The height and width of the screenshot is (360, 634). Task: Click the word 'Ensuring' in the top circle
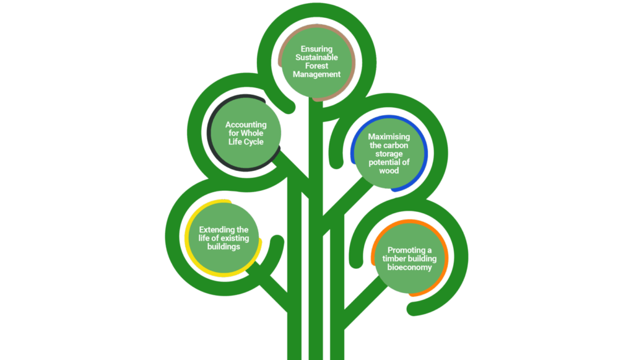[317, 48]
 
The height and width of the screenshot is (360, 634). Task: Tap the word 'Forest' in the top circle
[316, 66]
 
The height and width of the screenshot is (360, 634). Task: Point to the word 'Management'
[317, 74]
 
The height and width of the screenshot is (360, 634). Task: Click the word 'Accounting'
[245, 125]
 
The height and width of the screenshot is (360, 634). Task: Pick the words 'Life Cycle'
[245, 142]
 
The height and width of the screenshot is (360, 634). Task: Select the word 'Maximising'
[389, 136]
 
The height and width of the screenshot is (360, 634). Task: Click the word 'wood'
[389, 170]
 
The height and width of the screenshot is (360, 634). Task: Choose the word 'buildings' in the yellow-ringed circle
[224, 247]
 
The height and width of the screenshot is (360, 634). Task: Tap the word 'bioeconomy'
[409, 268]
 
